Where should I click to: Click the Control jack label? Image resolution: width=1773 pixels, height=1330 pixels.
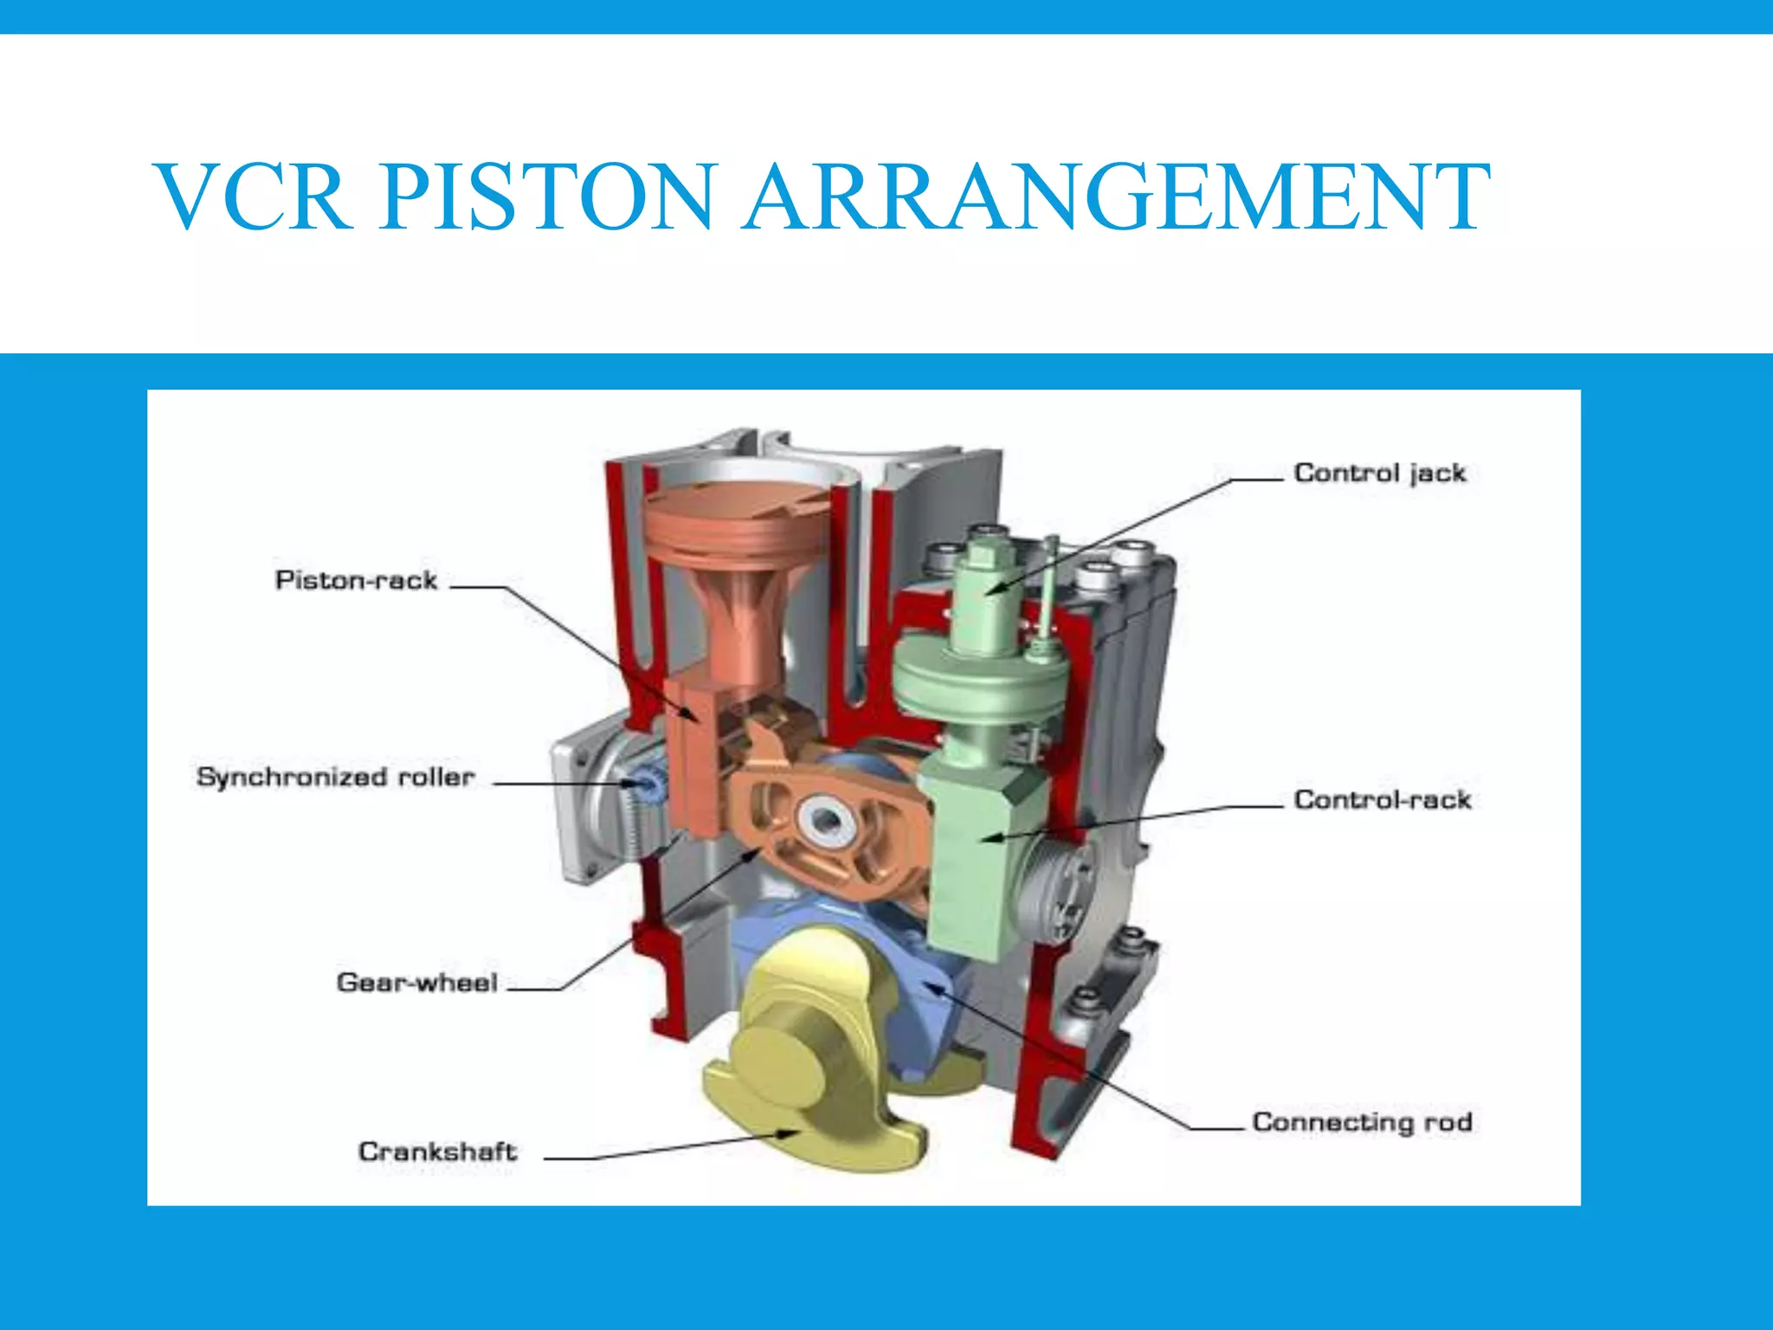pyautogui.click(x=1380, y=474)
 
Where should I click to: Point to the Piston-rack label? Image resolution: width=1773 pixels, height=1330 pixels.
pyautogui.click(x=356, y=580)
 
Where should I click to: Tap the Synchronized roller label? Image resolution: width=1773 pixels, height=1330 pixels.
pyautogui.click(x=336, y=778)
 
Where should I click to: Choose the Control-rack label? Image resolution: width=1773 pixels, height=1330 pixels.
pyautogui.click(x=1383, y=799)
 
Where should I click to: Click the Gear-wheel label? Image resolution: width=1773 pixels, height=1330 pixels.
pyautogui.click(x=417, y=983)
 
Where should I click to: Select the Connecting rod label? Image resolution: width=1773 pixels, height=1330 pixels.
pyautogui.click(x=1362, y=1122)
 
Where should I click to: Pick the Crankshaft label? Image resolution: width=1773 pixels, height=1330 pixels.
pyautogui.click(x=438, y=1152)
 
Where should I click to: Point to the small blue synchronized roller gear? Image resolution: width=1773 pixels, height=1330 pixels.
pyautogui.click(x=645, y=784)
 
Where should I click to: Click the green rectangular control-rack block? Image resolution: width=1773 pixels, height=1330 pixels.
pyautogui.click(x=978, y=857)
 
